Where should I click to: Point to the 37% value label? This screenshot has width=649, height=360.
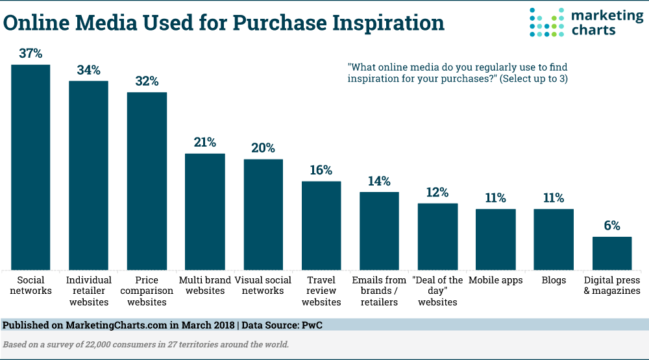point(31,54)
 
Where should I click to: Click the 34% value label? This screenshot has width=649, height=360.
point(89,70)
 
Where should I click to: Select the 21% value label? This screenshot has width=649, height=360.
point(205,143)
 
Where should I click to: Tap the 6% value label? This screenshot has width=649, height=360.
point(611,226)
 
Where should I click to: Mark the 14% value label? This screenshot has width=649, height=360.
point(379,181)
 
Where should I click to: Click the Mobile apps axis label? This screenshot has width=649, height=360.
point(495,280)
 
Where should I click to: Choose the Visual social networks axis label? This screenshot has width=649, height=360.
point(263,285)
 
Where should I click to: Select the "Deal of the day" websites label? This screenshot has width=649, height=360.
point(437,291)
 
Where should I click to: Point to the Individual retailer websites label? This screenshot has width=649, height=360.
point(88,291)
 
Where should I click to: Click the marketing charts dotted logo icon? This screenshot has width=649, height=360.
point(548,23)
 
